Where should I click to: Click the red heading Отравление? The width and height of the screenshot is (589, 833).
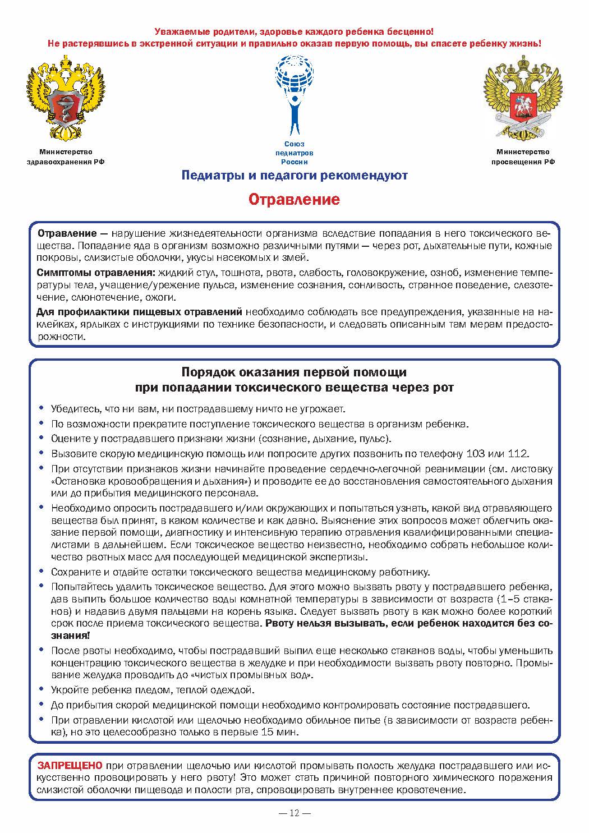click(294, 200)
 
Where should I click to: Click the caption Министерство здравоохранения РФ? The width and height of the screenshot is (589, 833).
click(66, 157)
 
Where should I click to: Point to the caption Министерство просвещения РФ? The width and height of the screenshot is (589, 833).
click(523, 157)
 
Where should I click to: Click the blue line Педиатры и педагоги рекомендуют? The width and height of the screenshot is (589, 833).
click(294, 176)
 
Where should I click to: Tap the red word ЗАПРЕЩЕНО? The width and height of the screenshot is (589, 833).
click(70, 765)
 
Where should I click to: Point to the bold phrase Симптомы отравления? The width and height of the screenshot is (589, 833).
click(96, 273)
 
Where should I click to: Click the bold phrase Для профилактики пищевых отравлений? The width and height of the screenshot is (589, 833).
click(139, 312)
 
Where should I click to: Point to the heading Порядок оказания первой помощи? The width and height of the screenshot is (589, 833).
click(294, 372)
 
